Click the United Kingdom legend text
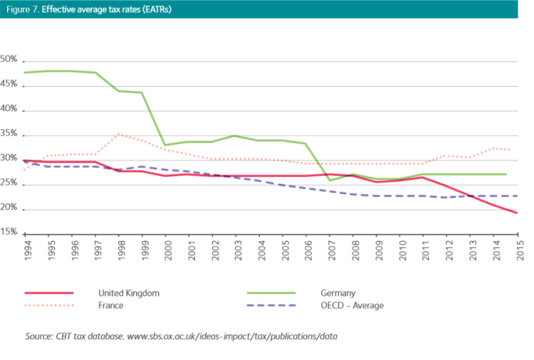click(x=129, y=292)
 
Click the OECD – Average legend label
click(x=347, y=305)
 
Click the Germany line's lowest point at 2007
click(x=329, y=180)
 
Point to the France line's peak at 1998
click(x=119, y=134)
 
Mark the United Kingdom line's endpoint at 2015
click(x=516, y=213)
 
